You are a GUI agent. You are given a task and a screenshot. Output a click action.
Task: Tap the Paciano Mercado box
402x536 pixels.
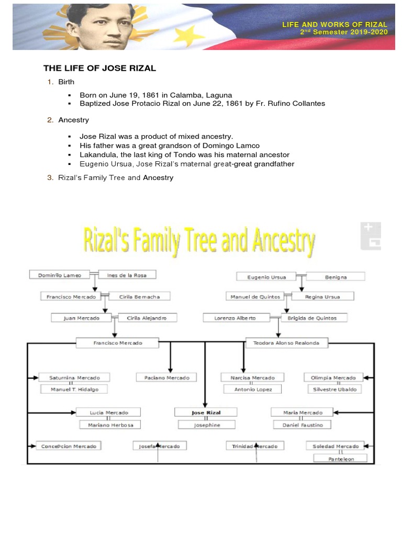coord(166,377)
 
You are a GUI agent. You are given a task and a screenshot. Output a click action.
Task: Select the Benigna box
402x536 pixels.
coord(335,276)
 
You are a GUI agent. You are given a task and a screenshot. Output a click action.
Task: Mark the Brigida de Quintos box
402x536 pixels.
coord(312,318)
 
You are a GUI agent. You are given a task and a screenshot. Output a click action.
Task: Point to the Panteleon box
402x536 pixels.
coord(340,458)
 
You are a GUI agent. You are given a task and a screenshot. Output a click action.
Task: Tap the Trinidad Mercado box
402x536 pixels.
coord(255,446)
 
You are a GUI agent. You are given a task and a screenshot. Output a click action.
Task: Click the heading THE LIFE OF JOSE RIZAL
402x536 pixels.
coord(99,69)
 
